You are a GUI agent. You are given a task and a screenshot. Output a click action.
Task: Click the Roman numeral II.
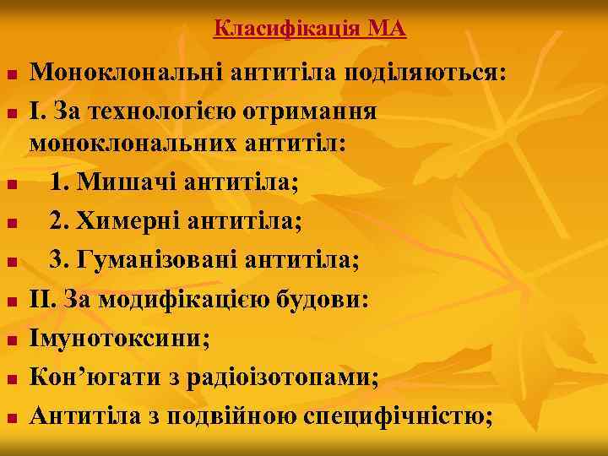(43, 300)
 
